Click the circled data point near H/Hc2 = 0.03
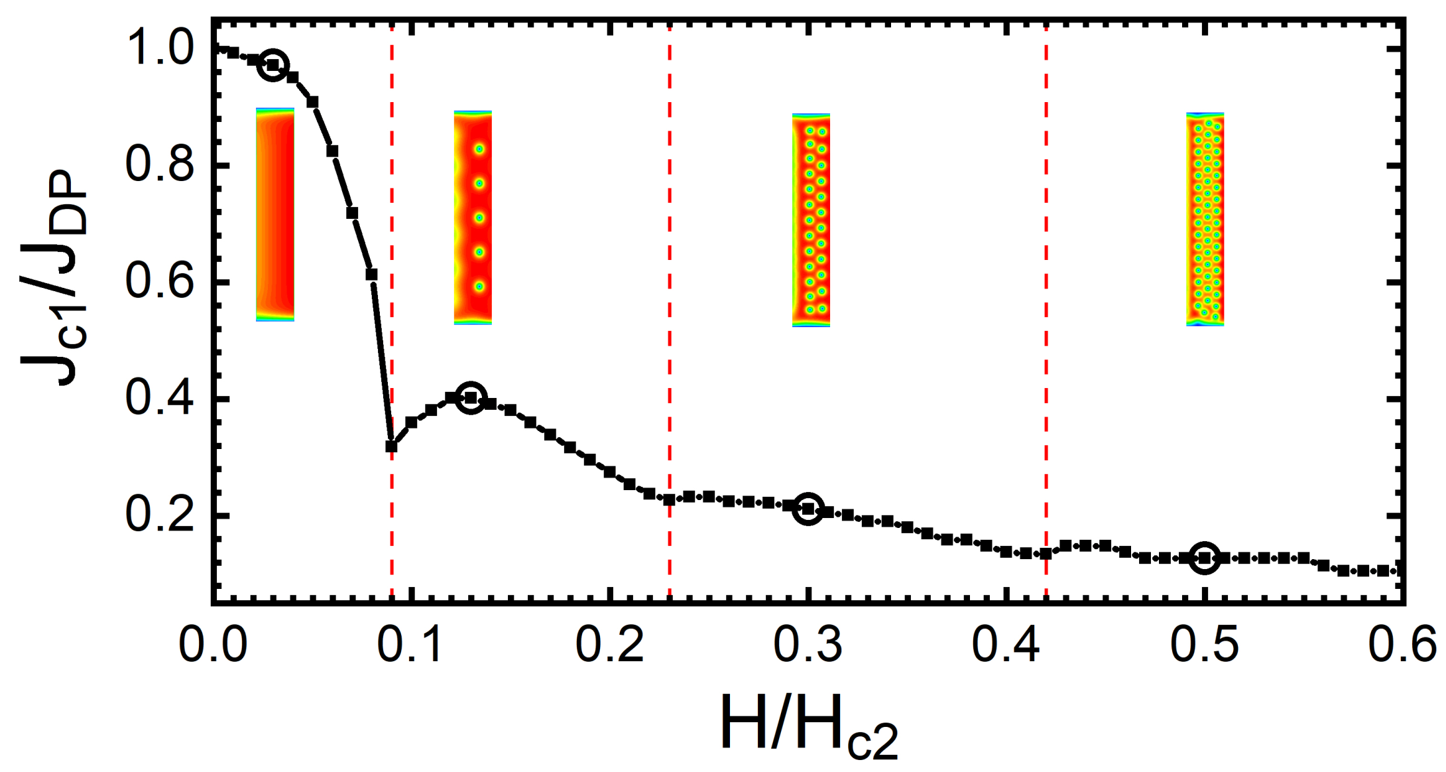click(x=272, y=65)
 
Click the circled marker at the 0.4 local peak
click(x=471, y=397)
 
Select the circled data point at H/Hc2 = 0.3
click(x=808, y=509)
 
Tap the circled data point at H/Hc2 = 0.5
click(x=1204, y=558)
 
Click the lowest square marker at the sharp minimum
click(x=391, y=446)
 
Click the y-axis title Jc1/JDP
click(x=53, y=279)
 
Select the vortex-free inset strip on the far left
click(x=275, y=214)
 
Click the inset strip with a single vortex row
click(x=473, y=218)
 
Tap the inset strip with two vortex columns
click(x=811, y=220)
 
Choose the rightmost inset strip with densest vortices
click(x=1205, y=219)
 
